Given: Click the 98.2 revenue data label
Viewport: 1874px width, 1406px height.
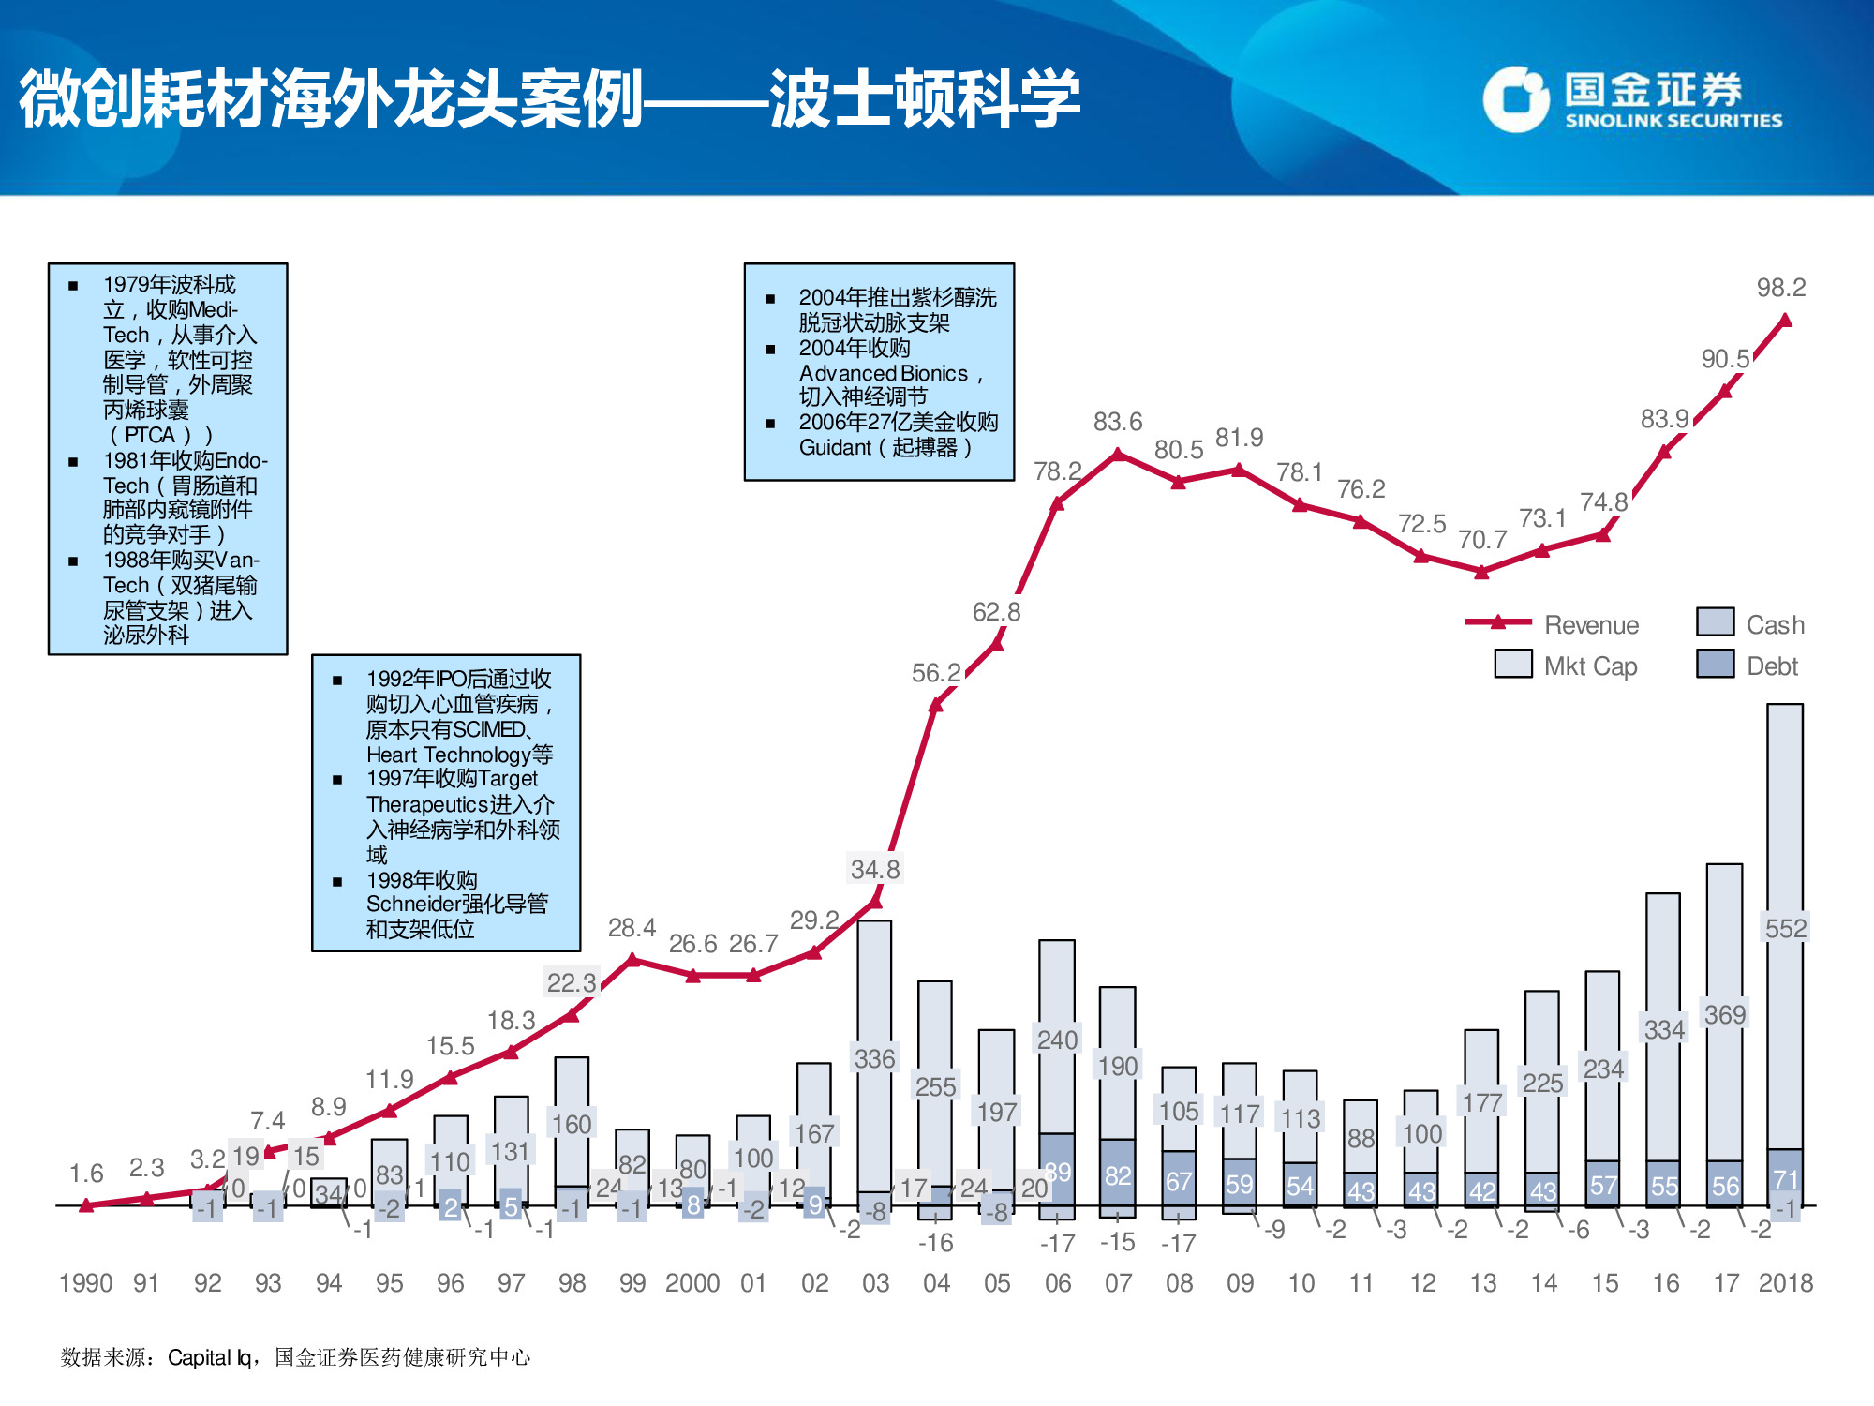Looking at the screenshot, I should (1780, 288).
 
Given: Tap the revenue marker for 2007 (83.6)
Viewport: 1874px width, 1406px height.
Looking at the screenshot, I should (1118, 454).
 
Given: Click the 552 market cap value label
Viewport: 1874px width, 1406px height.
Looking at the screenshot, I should (1785, 928).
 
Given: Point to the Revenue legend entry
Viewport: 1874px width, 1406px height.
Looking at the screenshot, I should (1590, 625).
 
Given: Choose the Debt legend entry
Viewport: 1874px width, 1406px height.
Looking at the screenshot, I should (1771, 666).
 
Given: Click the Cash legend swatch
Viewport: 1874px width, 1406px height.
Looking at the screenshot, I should (1715, 622).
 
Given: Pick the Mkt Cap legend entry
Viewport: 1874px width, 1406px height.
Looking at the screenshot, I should (1589, 666).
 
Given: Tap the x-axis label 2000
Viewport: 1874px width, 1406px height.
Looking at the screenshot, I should (692, 1282).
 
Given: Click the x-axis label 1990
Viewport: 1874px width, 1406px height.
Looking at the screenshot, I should (85, 1282).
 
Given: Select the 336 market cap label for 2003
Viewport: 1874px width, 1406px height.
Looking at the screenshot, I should (874, 1058).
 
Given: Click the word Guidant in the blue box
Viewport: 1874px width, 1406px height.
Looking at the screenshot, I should (835, 448).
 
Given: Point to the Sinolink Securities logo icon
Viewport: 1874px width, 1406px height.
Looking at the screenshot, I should (1514, 99).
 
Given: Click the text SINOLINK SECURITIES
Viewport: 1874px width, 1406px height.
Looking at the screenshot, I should (1673, 121).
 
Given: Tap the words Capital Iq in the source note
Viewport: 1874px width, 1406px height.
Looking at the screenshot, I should (209, 1357).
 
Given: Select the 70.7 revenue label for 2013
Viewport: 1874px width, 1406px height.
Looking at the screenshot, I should (1482, 540).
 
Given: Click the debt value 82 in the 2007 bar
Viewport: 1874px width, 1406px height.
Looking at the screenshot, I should (1118, 1175).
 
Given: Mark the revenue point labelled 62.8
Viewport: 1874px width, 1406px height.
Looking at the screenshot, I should (997, 645).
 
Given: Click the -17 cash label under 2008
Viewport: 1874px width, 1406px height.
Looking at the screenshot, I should (1178, 1243).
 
